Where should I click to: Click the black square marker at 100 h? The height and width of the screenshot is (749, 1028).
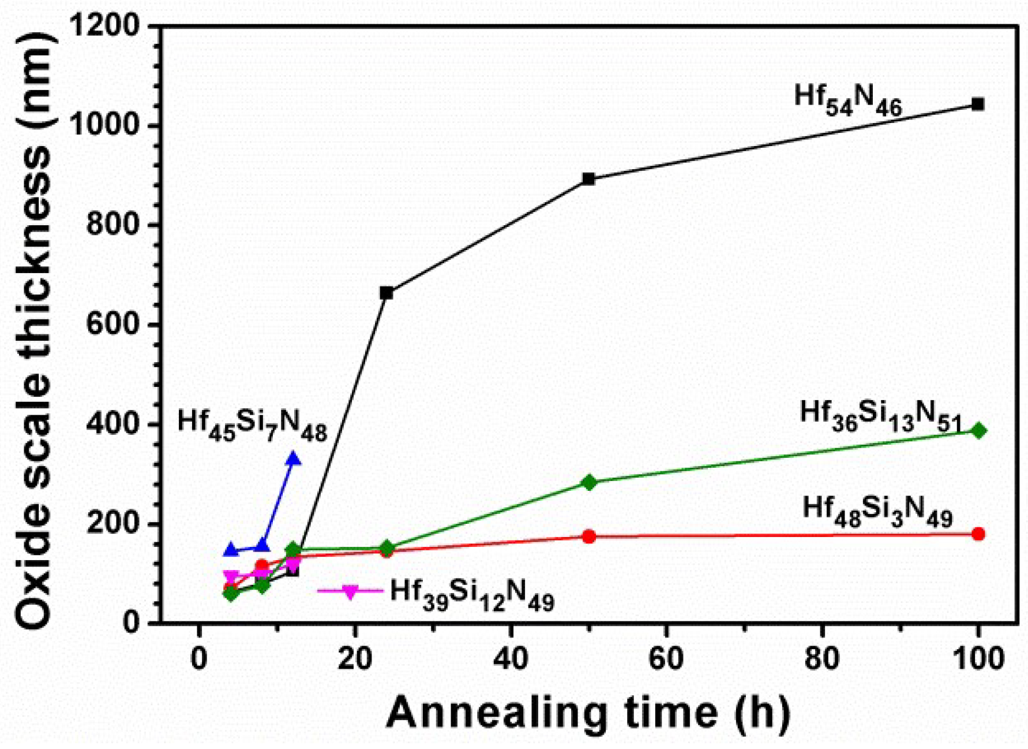pos(977,105)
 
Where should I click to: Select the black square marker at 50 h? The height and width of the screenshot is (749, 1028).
pos(588,179)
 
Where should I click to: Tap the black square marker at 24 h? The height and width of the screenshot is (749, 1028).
pos(386,293)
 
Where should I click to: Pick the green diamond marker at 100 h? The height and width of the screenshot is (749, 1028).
pos(978,431)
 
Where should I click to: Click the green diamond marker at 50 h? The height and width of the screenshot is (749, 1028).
pos(588,482)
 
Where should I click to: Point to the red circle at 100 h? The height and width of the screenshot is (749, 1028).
pos(977,534)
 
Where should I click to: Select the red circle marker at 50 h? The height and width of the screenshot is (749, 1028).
pos(588,536)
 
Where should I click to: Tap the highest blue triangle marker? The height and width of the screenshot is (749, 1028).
pos(294,459)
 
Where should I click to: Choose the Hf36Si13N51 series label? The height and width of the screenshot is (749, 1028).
pos(880,416)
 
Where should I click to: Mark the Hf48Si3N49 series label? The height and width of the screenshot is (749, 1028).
pos(877,512)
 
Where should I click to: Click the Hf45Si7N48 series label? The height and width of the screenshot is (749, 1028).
pos(252,424)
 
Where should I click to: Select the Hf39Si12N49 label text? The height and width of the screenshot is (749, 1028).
pos(472,594)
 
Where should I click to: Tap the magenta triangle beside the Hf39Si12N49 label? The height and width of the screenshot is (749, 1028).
pos(350,592)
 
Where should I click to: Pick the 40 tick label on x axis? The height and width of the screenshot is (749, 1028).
pos(511,659)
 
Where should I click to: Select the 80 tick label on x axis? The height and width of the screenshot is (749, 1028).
pos(821,659)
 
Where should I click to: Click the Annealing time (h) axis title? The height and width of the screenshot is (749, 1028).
pos(587,712)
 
